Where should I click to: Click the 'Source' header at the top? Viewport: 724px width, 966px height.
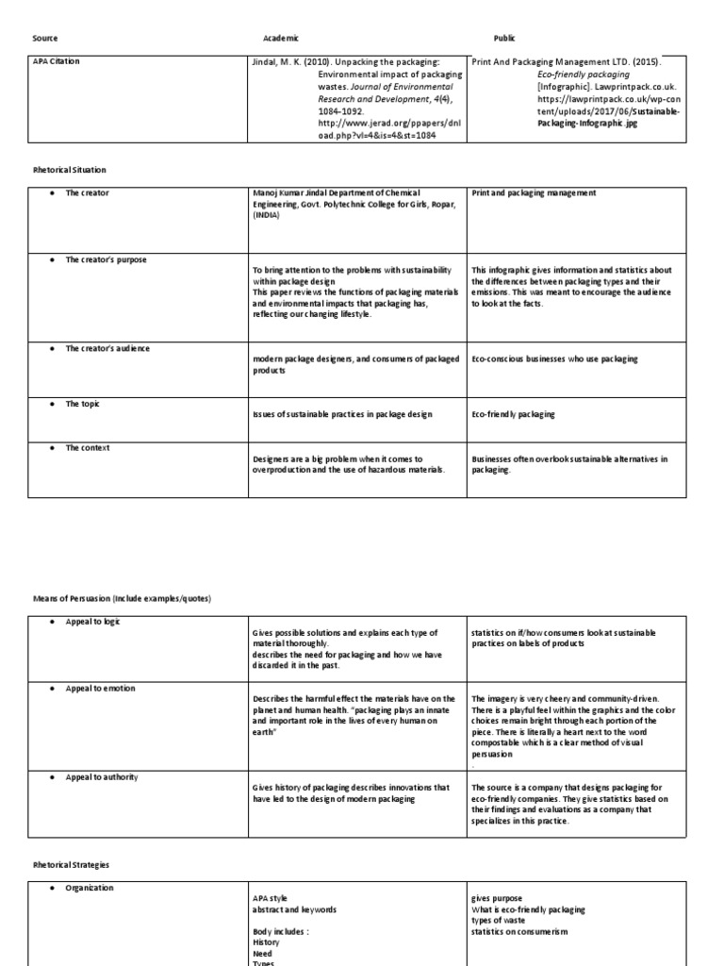44,38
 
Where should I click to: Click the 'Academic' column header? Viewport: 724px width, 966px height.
280,38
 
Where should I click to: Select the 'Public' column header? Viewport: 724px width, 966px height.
505,38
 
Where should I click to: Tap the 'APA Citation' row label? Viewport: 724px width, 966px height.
57,61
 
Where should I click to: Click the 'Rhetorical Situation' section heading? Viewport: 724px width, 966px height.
70,170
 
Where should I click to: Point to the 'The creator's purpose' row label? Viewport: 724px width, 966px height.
106,259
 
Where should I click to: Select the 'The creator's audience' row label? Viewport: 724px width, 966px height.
107,348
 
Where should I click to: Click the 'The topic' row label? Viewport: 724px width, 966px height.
82,404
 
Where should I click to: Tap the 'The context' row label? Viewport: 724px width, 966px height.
87,448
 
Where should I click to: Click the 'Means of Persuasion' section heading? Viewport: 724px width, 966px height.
122,599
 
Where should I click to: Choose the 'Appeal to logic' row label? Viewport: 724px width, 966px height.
92,622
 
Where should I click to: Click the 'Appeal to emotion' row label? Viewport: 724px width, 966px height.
100,689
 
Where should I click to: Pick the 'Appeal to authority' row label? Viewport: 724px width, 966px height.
102,777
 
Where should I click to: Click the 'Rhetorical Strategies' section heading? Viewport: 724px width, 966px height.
73,864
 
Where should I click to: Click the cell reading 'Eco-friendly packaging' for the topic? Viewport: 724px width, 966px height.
513,414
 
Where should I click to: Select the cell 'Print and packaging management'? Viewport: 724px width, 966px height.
534,193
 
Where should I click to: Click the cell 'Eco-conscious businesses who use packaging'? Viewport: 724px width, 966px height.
554,359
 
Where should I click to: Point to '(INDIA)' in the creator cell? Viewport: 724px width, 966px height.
268,215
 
